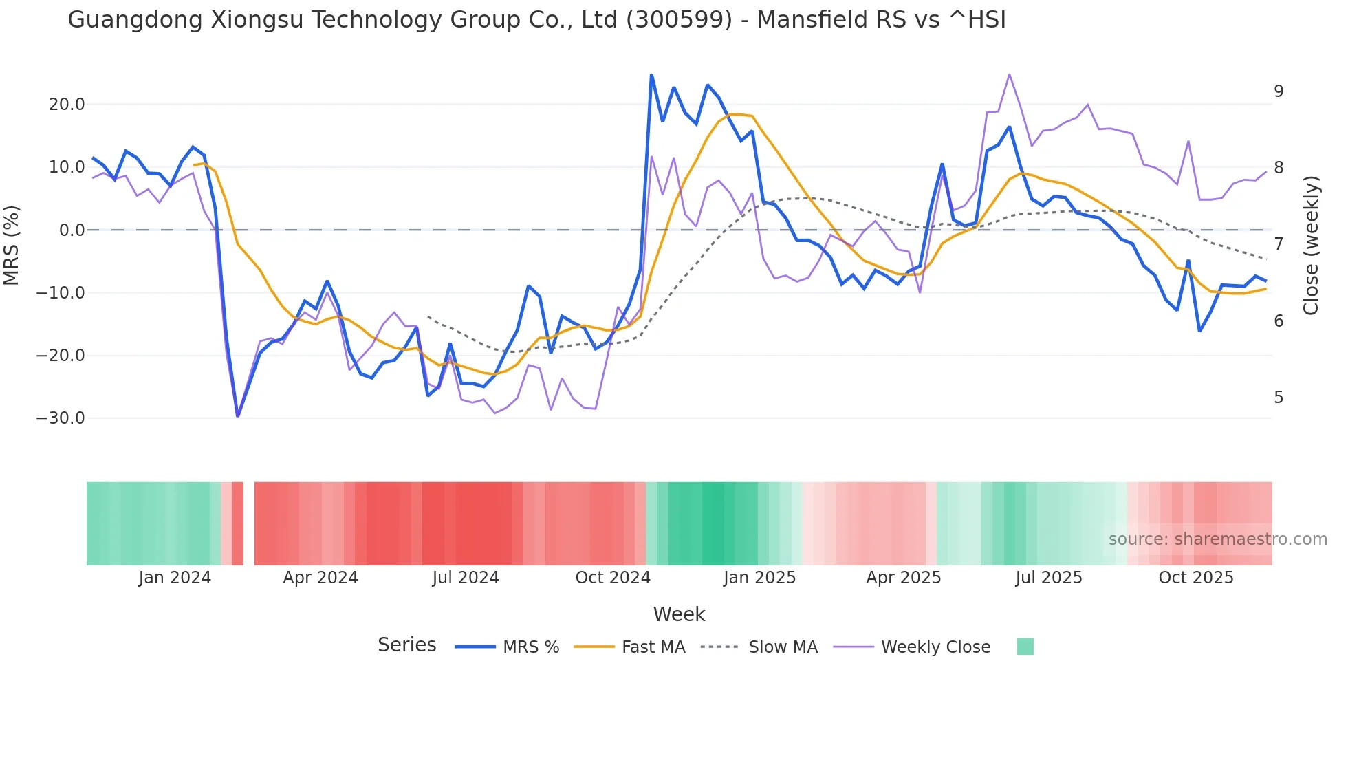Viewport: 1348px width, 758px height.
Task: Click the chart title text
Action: pyautogui.click(x=536, y=20)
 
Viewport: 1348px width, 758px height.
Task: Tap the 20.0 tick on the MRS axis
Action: pyautogui.click(x=67, y=105)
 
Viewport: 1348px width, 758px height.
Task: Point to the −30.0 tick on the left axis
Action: pyautogui.click(x=61, y=418)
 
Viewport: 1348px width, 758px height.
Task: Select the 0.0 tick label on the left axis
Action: pyautogui.click(x=72, y=230)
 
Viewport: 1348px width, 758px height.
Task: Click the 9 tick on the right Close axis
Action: pyautogui.click(x=1279, y=91)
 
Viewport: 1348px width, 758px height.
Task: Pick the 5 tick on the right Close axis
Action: pyautogui.click(x=1279, y=398)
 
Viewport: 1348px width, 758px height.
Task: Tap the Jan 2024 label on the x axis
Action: pyautogui.click(x=175, y=578)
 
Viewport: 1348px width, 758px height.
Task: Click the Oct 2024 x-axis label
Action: pyautogui.click(x=613, y=578)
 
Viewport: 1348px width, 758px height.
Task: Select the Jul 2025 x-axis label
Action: pyautogui.click(x=1049, y=578)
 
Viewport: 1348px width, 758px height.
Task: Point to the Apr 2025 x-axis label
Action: pyautogui.click(x=903, y=578)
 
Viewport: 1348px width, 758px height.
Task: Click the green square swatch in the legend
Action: pyautogui.click(x=1025, y=647)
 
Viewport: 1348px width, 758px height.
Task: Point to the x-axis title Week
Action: pyautogui.click(x=679, y=614)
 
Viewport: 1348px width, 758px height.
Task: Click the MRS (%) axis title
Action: pyautogui.click(x=12, y=245)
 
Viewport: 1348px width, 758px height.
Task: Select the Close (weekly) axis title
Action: pyautogui.click(x=1311, y=245)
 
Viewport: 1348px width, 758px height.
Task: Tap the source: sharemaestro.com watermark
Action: pyautogui.click(x=1217, y=539)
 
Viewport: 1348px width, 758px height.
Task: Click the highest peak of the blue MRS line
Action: pyautogui.click(x=651, y=75)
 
